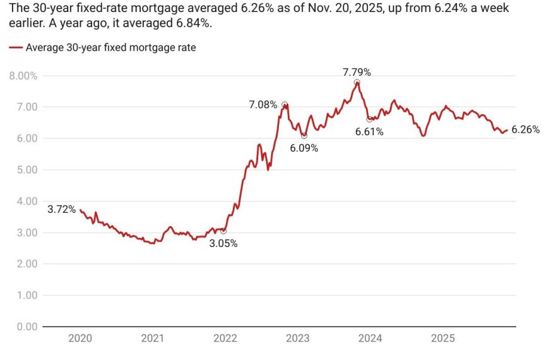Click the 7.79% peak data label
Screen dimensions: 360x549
pos(357,72)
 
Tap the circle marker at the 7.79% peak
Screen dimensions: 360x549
pos(357,83)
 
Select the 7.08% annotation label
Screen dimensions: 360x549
pos(263,104)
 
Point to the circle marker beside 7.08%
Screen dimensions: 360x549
pos(285,104)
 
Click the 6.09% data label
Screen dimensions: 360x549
pos(304,148)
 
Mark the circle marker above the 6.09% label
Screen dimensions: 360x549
pos(304,136)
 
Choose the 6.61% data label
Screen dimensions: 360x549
pos(369,132)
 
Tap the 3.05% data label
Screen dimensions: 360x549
pos(223,244)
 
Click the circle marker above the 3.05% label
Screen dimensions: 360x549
pos(223,231)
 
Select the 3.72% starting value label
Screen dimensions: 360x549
pos(61,209)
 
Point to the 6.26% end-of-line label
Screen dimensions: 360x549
pos(525,129)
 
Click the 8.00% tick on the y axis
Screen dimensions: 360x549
pos(23,76)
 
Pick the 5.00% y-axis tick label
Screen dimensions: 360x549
pos(23,170)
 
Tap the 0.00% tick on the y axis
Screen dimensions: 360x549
pos(23,327)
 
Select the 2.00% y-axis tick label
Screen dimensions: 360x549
pos(23,264)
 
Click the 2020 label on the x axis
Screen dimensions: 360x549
pos(80,339)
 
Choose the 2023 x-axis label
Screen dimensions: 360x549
pos(297,339)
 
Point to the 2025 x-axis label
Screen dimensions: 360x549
pos(442,339)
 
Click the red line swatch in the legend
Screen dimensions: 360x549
pos(16,47)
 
